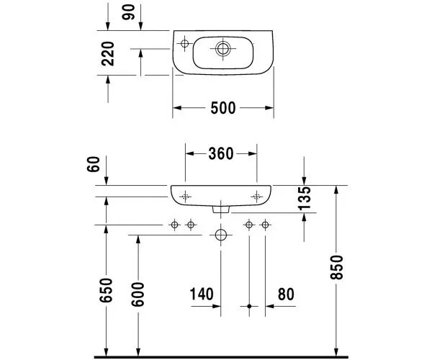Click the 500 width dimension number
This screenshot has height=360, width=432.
click(223, 108)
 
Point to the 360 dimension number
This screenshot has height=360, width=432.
click(221, 153)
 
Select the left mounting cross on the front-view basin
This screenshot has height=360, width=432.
click(185, 196)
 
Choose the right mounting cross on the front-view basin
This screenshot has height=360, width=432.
click(257, 196)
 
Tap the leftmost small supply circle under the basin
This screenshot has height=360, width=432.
click(174, 225)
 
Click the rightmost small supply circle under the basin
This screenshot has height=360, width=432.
click(265, 225)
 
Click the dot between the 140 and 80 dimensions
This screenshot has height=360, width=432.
click(249, 307)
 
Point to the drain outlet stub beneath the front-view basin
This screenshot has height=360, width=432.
click(221, 210)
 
